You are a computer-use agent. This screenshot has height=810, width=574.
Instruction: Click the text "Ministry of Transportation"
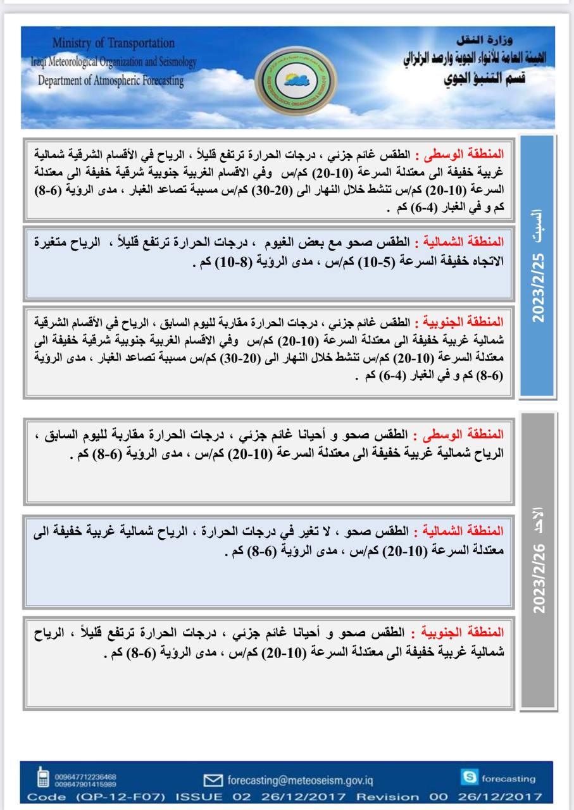coord(113,43)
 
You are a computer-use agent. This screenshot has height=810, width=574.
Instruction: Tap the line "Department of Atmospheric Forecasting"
coord(111,81)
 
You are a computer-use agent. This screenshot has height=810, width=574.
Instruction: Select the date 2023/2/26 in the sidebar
coord(539,576)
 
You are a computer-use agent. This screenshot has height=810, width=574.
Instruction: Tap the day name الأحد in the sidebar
coord(539,517)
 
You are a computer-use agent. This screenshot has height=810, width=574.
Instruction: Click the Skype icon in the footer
coord(470,778)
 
